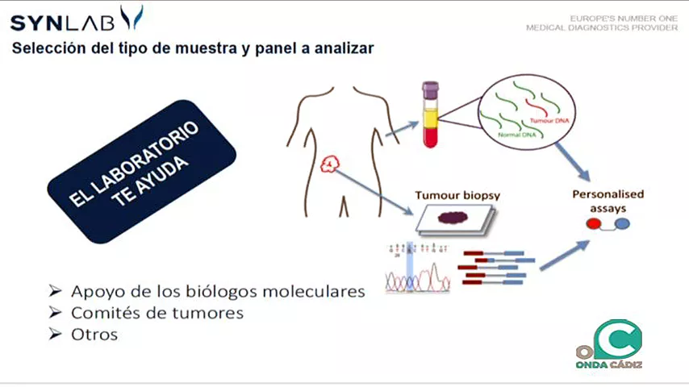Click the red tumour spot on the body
(x=330, y=165)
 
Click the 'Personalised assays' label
(x=608, y=201)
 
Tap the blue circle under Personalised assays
(x=622, y=225)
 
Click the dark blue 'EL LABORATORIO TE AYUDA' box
(x=140, y=170)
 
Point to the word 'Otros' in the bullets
(x=94, y=334)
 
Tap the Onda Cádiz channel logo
(x=611, y=344)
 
